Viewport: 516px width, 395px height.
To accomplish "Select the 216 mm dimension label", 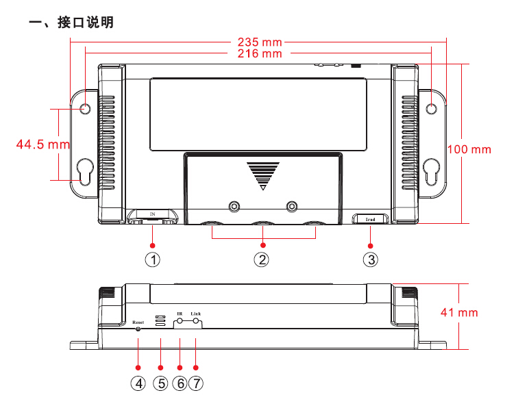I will (258, 53).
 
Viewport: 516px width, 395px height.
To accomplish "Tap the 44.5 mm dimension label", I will (43, 144).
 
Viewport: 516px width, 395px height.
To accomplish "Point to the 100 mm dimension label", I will (469, 149).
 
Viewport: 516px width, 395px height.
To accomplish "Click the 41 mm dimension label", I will (459, 312).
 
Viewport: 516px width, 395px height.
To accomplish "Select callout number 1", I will (153, 260).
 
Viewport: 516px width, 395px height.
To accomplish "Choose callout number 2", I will (261, 260).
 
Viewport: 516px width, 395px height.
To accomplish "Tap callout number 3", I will (371, 260).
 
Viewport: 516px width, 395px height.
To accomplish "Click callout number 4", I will (139, 383).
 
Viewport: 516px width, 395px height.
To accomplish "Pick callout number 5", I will (161, 383).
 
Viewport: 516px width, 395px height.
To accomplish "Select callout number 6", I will (180, 383).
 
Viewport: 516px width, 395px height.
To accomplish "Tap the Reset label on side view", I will (138, 320).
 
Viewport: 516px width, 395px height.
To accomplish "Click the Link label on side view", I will (196, 313).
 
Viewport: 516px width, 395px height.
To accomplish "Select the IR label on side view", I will (180, 313).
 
